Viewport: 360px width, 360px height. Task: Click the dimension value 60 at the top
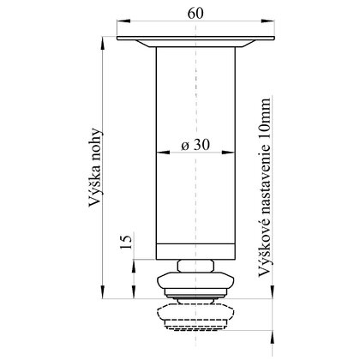point(195,13)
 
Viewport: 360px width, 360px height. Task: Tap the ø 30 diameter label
point(195,145)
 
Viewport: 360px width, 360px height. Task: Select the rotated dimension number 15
point(126,241)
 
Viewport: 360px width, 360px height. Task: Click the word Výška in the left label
point(95,185)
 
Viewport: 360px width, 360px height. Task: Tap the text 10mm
point(264,120)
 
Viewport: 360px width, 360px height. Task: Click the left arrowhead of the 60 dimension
point(123,21)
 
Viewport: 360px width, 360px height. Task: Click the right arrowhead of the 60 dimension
point(268,21)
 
